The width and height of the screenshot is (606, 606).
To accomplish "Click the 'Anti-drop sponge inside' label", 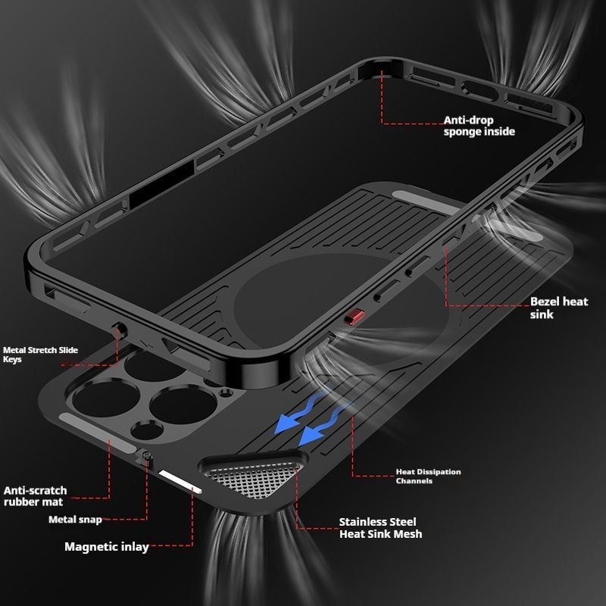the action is click(x=479, y=126).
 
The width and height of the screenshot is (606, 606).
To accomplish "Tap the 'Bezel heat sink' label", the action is click(x=559, y=308).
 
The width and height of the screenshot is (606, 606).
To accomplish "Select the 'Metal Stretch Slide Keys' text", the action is click(x=40, y=355).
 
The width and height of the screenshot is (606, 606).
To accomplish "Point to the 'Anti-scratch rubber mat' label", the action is click(x=35, y=496).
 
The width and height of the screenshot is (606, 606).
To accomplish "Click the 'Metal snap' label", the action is click(x=75, y=520).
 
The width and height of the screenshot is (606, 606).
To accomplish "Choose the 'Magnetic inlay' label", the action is click(x=107, y=547).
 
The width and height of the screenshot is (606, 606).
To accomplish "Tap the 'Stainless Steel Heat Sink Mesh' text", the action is click(x=380, y=528).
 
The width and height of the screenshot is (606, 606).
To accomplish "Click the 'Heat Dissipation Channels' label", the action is click(x=428, y=476).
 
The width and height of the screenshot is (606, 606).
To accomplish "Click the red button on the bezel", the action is click(x=355, y=317).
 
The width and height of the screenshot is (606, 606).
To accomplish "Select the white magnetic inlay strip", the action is click(x=180, y=482).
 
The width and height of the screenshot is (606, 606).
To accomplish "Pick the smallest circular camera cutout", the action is click(x=226, y=393).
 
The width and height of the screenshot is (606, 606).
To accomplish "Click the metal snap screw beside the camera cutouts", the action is click(x=146, y=456).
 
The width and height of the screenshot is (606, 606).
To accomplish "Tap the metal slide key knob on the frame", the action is click(x=120, y=330).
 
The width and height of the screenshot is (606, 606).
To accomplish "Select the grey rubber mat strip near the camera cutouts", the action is click(x=97, y=432).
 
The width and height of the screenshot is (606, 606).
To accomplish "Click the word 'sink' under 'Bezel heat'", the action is click(x=542, y=314).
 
